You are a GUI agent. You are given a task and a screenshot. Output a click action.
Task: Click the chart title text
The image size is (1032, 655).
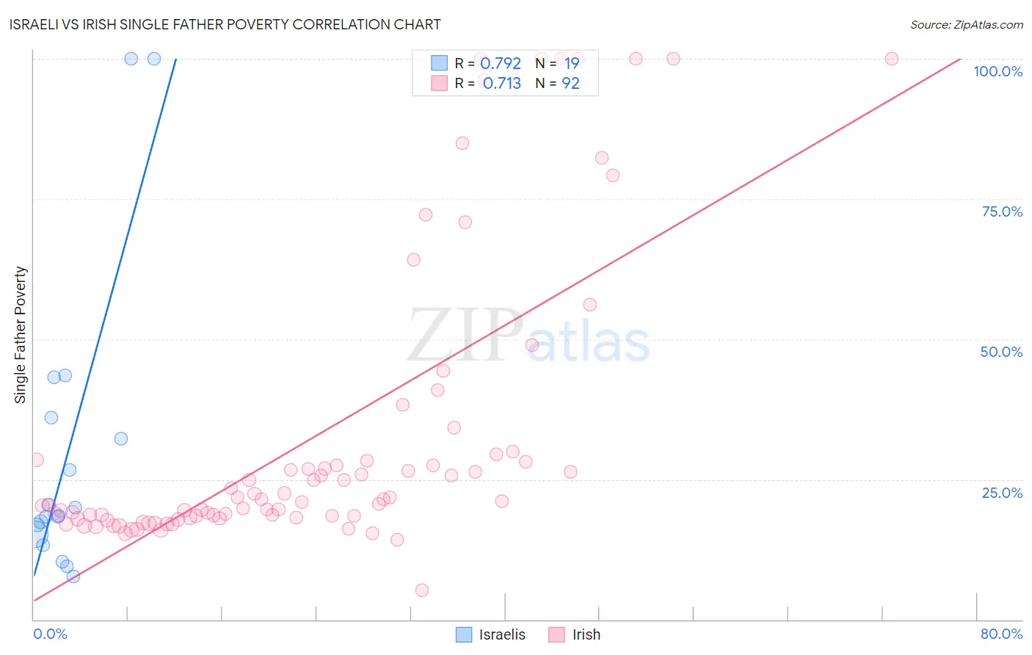pyautogui.click(x=225, y=24)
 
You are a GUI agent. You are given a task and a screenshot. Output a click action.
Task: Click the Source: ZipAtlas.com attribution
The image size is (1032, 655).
pyautogui.click(x=966, y=24)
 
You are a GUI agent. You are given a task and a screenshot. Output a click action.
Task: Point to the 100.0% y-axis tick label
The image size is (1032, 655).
pyautogui.click(x=998, y=71)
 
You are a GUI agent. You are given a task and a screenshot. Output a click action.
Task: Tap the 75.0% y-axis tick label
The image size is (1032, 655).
pyautogui.click(x=1002, y=211)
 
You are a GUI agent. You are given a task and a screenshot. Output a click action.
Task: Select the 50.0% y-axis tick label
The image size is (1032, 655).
pyautogui.click(x=1001, y=352)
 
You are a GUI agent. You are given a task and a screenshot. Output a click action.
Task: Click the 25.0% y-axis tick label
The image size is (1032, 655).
pyautogui.click(x=1002, y=493)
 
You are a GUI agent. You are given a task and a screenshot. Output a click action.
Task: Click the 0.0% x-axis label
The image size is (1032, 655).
pyautogui.click(x=50, y=634)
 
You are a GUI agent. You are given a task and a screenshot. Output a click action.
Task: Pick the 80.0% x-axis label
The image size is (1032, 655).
pyautogui.click(x=1001, y=634)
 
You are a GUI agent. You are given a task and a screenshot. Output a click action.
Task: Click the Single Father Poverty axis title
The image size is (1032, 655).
pyautogui.click(x=21, y=335)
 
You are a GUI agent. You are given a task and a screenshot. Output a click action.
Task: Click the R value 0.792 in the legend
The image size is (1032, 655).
pyautogui.click(x=501, y=63)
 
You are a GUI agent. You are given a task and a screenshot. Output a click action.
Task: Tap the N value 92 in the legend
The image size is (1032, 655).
pyautogui.click(x=570, y=84)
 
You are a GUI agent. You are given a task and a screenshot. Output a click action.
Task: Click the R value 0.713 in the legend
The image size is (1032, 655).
pyautogui.click(x=502, y=84)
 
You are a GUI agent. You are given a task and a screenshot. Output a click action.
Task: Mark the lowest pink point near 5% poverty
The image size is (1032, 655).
pyautogui.click(x=422, y=590)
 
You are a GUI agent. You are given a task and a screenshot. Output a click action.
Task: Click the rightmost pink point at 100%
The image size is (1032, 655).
pyautogui.click(x=892, y=59)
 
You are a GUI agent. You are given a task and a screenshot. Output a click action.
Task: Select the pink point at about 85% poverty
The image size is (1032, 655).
pyautogui.click(x=462, y=143)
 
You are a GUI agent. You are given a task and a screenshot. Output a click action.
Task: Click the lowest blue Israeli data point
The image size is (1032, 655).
pyautogui.click(x=73, y=576)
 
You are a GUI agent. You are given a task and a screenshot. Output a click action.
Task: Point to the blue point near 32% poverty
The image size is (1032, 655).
pyautogui.click(x=121, y=438)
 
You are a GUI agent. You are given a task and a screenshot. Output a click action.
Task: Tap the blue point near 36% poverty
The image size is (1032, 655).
pyautogui.click(x=51, y=418)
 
